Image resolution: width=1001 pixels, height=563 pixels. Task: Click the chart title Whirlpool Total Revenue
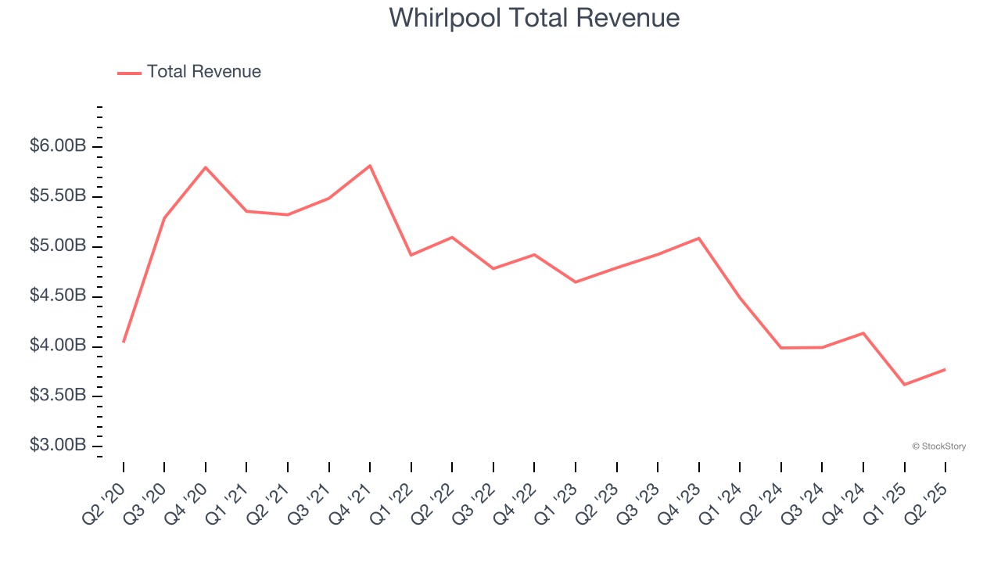(x=534, y=17)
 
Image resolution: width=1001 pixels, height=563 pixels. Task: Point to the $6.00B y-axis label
(x=59, y=146)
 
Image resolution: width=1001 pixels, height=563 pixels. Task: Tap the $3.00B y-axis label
(x=59, y=446)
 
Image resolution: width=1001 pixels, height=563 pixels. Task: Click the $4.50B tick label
(x=59, y=296)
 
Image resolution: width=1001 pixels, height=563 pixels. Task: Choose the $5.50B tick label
(x=59, y=196)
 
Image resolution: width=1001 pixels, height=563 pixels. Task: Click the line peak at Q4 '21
(x=370, y=166)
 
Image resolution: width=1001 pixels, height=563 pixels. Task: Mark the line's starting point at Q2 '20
(x=124, y=342)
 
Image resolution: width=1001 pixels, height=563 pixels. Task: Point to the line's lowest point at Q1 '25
(x=905, y=385)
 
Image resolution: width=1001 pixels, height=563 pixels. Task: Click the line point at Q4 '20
(x=206, y=167)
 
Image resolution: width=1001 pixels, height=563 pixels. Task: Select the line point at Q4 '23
(x=698, y=238)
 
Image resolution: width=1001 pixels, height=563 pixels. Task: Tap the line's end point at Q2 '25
(x=945, y=369)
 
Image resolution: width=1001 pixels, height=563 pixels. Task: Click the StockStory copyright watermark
(x=938, y=446)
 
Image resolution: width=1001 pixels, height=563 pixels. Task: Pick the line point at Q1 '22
(x=411, y=255)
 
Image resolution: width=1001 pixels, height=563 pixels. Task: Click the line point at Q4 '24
(x=863, y=333)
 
